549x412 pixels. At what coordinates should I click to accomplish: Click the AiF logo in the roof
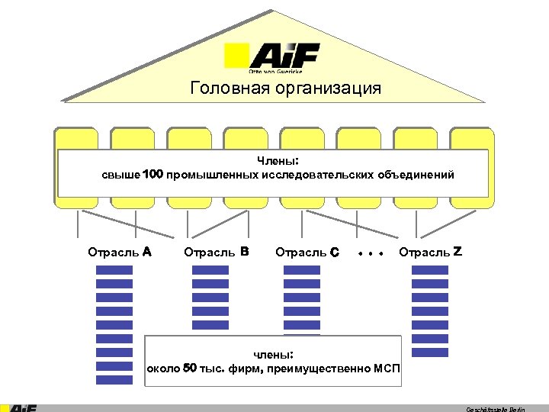(x=272, y=57)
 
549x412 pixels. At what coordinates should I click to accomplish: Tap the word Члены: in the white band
(x=278, y=161)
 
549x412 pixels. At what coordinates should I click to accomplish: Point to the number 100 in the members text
(x=153, y=175)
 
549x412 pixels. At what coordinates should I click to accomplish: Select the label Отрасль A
(x=120, y=251)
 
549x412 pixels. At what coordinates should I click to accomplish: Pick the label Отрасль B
(x=217, y=251)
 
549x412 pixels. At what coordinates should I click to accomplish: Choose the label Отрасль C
(x=307, y=251)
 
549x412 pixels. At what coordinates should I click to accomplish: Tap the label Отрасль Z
(x=430, y=251)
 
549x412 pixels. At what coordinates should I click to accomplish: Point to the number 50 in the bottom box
(x=191, y=369)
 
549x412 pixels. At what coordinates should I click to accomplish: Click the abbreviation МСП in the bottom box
(x=387, y=369)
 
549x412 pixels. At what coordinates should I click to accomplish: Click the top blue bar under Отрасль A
(x=114, y=269)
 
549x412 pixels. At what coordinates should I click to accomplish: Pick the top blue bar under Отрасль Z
(x=430, y=269)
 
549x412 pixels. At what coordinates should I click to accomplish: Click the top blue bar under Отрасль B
(x=210, y=269)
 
